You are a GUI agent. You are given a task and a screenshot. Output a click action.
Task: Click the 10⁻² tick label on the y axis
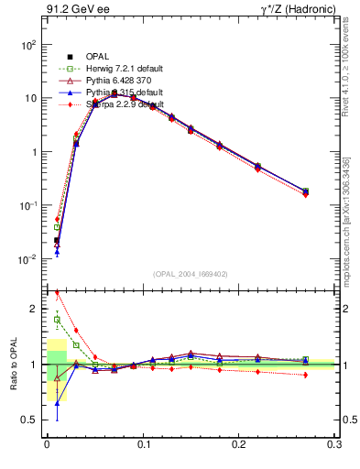point(28,259)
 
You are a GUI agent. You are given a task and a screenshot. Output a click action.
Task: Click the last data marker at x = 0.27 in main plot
point(305,191)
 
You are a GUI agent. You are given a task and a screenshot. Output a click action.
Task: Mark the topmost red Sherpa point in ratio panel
point(57,293)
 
